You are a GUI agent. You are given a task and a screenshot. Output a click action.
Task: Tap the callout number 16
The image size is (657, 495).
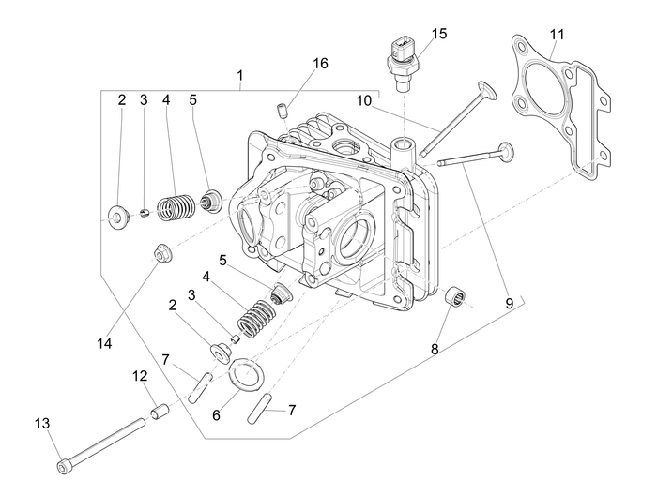point(320,64)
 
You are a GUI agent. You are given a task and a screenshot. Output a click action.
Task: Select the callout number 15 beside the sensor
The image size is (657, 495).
point(439,34)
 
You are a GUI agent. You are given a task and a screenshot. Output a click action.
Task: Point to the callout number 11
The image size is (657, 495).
point(557,35)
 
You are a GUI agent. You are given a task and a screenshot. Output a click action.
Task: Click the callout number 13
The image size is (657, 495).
point(41,422)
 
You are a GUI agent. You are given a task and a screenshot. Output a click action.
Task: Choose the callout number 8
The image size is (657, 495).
point(435,350)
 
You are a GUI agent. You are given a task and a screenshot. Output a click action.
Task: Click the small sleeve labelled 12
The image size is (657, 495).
point(158,411)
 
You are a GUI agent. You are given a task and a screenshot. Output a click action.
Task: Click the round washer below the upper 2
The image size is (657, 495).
point(120,217)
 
